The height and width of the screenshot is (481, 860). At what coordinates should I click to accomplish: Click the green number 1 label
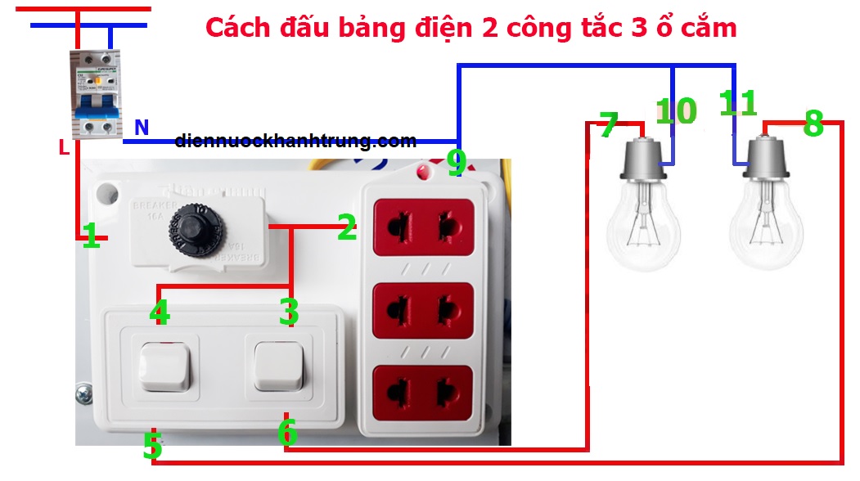pos(92,237)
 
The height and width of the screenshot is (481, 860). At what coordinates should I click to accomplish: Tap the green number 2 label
pos(347,228)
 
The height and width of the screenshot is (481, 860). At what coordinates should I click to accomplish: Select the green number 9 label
pos(457,162)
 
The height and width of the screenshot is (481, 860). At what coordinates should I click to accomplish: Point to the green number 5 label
pos(151,447)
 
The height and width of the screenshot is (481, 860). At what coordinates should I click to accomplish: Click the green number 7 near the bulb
pos(608,126)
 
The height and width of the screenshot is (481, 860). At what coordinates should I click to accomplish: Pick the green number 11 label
pos(737,104)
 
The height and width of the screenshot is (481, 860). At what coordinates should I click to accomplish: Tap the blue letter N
pos(142,127)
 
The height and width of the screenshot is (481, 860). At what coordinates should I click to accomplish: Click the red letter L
pos(63,148)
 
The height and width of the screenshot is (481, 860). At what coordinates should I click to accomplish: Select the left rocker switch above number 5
pos(164,366)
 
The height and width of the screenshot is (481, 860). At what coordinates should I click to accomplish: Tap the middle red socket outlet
pos(423,310)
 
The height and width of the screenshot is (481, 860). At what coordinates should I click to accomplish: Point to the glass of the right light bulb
pos(764,224)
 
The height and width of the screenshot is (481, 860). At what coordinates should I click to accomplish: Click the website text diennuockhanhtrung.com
pos(295,141)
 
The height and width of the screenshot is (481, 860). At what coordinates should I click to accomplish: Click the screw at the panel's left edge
pos(84,395)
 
